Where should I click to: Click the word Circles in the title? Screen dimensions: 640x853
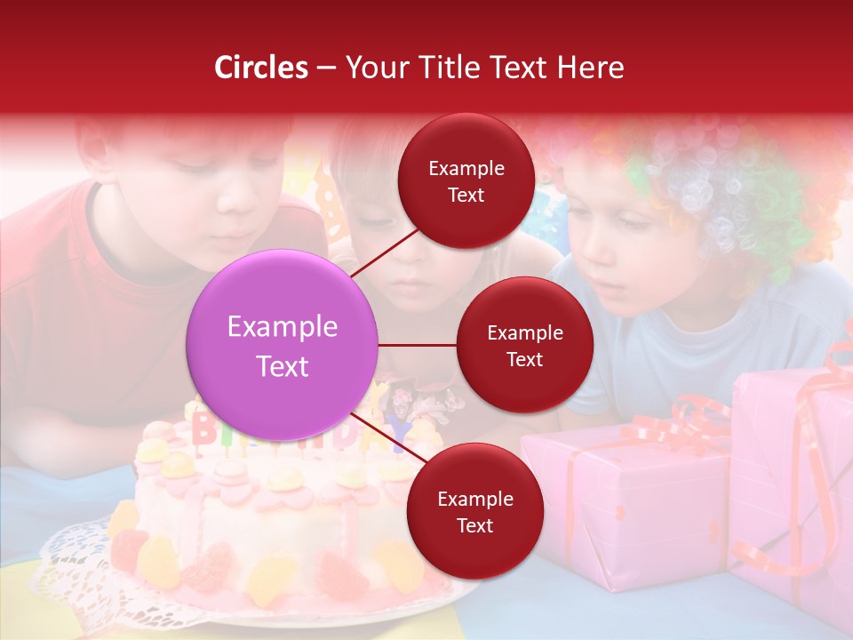coord(261,68)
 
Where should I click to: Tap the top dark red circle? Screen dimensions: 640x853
coord(466,180)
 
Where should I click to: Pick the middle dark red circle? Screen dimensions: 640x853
coord(524,345)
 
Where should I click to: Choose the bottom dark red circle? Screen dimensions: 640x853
coord(474,511)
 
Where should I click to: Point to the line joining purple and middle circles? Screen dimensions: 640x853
coord(418,345)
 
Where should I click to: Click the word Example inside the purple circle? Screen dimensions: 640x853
coord(283,327)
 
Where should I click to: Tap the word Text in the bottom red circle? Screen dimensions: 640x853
coord(474,525)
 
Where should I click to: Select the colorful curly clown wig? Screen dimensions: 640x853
coord(711,187)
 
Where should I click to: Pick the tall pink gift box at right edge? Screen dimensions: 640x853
coord(791,480)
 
